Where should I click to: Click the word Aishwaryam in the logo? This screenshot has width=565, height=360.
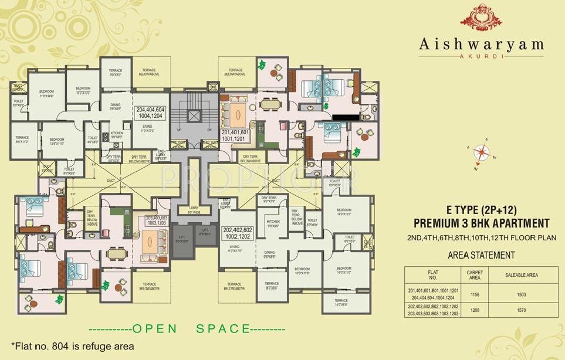point(481,45)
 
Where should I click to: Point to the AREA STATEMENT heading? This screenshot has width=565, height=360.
point(481,255)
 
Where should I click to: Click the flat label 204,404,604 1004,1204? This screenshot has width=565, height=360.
point(151,113)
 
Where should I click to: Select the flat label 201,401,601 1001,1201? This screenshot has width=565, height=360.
point(236,135)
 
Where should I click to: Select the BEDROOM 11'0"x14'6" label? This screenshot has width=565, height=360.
point(46,93)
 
